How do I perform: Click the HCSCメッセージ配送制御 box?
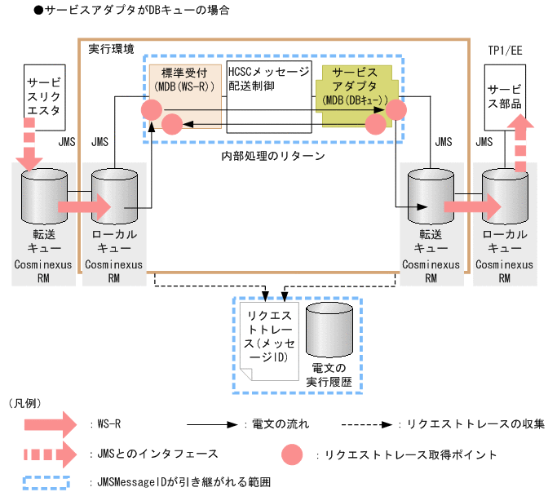click(268, 96)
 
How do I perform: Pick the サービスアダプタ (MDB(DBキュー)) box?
click(356, 86)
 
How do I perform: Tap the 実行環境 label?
click(112, 50)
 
